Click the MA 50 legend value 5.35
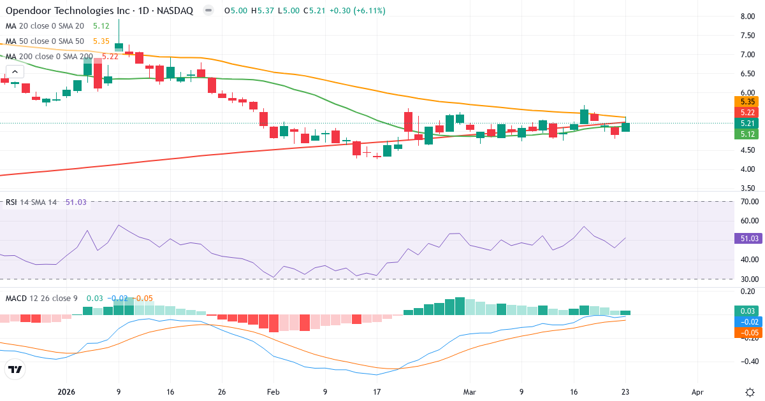tap(102, 41)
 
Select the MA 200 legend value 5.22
tap(110, 56)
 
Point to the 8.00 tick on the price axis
tap(748, 17)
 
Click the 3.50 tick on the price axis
tap(748, 188)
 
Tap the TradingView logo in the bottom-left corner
tap(15, 369)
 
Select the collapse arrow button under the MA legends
tap(13, 72)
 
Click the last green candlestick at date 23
tap(626, 127)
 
